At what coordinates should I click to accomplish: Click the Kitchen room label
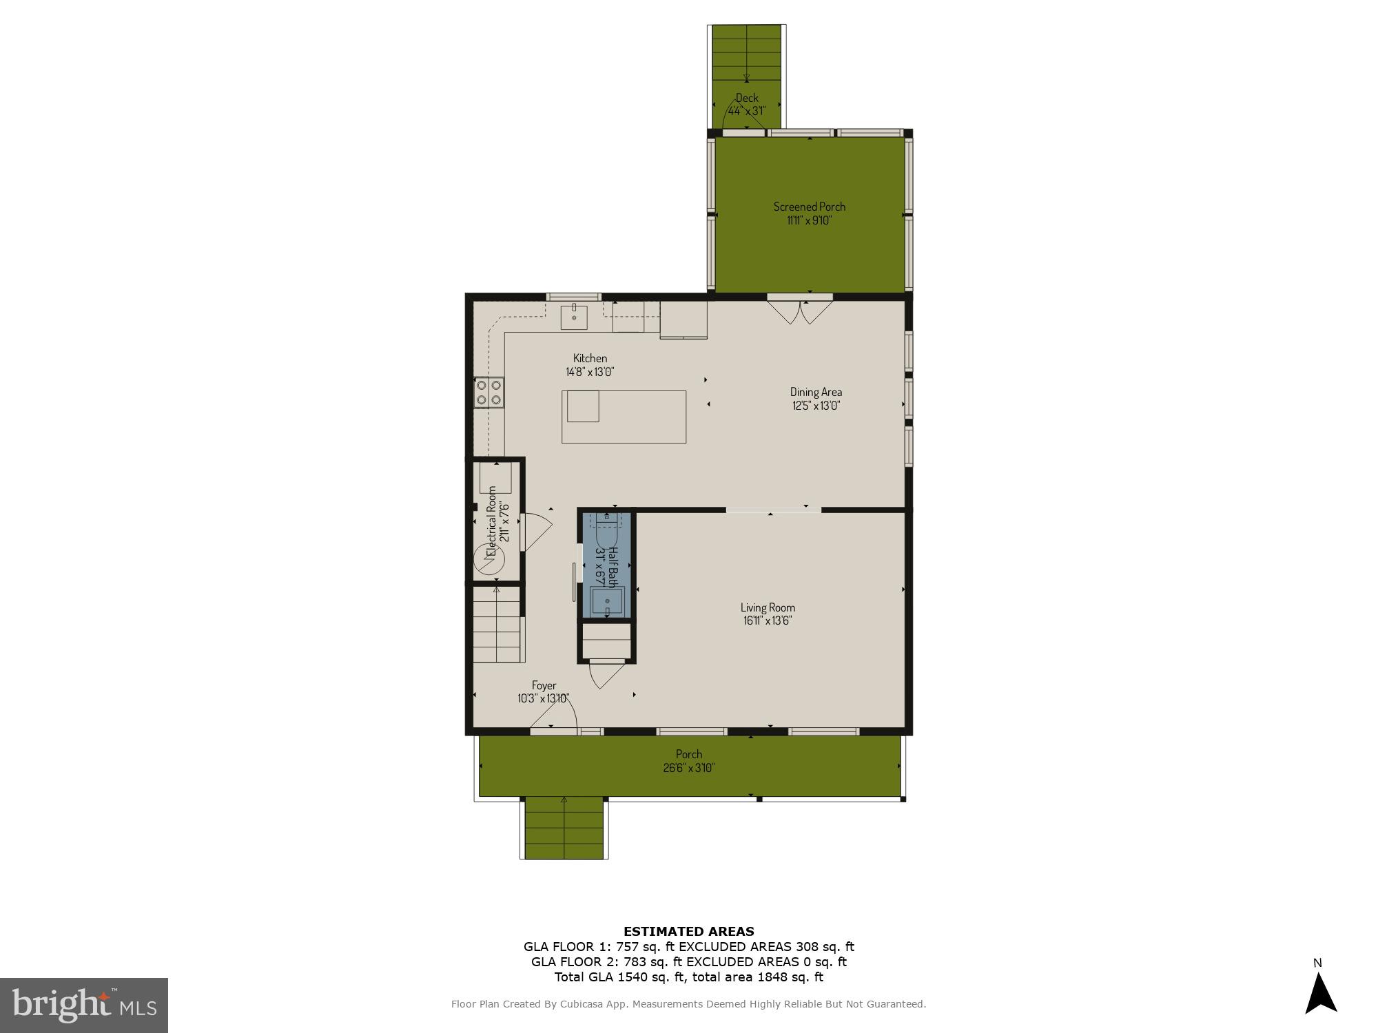click(590, 358)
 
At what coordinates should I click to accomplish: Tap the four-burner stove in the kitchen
click(489, 393)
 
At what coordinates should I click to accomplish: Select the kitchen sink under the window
click(573, 317)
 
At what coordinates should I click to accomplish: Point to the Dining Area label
click(816, 392)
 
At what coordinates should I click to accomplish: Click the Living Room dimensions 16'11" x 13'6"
click(767, 620)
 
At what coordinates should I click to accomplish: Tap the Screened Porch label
click(809, 207)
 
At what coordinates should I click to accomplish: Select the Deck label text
click(746, 98)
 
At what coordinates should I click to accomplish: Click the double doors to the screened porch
click(800, 311)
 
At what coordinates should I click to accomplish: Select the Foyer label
click(544, 685)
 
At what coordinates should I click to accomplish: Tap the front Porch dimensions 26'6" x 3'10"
click(688, 768)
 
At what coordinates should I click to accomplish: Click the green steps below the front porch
click(564, 828)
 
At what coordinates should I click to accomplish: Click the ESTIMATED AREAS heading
click(688, 932)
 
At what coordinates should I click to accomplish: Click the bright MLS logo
click(83, 1005)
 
